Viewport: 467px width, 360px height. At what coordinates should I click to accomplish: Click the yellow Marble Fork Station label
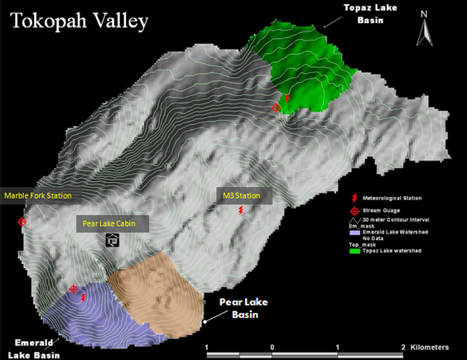[x=38, y=196]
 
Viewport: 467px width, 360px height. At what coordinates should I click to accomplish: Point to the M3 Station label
[x=242, y=196]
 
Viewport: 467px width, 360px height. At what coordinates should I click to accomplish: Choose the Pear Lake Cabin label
[x=114, y=223]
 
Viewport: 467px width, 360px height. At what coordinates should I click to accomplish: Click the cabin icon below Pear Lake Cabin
[x=113, y=240]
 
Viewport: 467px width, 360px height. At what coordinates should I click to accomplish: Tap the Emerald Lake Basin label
[x=34, y=348]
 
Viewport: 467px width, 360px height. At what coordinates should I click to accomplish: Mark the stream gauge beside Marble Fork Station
[x=22, y=222]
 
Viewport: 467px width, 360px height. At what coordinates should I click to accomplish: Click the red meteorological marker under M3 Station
[x=241, y=211]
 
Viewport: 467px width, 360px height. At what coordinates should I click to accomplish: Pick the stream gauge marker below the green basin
[x=277, y=108]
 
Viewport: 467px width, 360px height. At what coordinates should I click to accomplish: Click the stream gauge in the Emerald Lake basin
[x=74, y=290]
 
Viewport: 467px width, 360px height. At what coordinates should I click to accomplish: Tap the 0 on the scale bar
[x=272, y=346]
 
